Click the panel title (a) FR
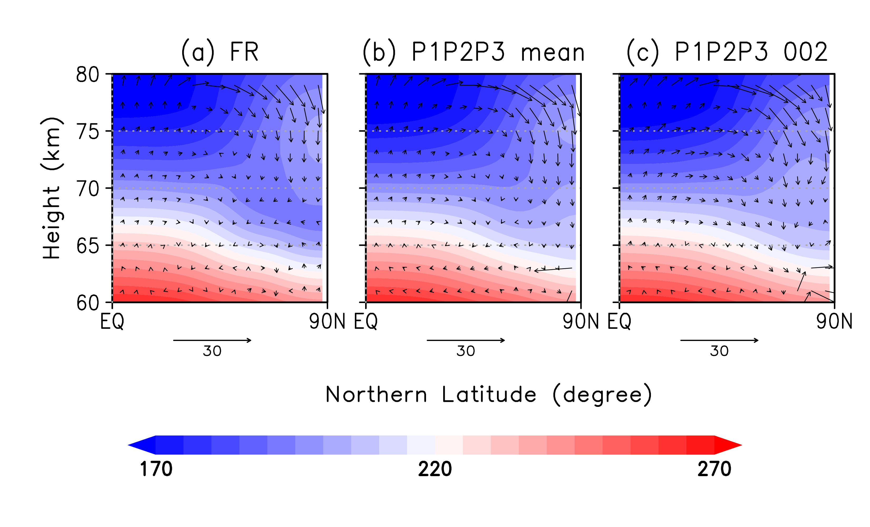tap(220, 52)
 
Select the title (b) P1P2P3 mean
tap(473, 52)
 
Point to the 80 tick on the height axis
tap(88, 75)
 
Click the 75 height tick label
tap(88, 132)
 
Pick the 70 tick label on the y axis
tap(88, 189)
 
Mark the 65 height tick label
tap(88, 246)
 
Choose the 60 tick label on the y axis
tap(88, 303)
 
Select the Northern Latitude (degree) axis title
tap(488, 395)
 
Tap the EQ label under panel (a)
tap(112, 321)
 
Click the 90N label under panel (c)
tap(834, 321)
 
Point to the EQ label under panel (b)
tap(366, 321)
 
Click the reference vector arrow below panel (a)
tap(212, 340)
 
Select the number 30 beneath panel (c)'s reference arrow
tap(719, 351)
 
